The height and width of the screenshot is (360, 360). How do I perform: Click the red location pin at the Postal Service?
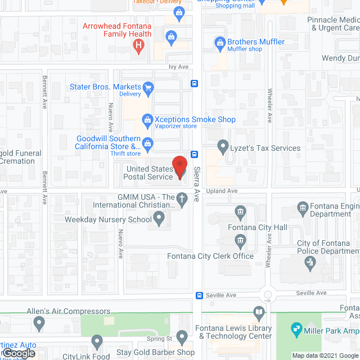point(179,166)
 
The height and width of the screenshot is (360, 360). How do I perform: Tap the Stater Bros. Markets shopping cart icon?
point(148,87)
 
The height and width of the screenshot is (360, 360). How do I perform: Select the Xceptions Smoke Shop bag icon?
point(147,119)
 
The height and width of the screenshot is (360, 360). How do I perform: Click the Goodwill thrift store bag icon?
point(147,143)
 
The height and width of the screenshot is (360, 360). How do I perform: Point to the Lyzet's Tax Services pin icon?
point(223,147)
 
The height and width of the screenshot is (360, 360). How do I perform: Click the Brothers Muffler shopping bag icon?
point(220,42)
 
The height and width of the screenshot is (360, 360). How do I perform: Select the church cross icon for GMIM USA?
point(181,198)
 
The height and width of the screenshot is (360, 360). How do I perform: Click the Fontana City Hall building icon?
point(241,213)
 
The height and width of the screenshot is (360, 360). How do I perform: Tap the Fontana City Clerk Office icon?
point(240,242)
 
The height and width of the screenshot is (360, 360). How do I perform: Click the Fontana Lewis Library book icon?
point(258,312)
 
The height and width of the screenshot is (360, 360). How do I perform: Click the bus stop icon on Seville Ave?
point(199,295)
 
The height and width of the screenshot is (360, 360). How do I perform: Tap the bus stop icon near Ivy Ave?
point(194,83)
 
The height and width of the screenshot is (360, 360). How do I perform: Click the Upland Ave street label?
point(222,191)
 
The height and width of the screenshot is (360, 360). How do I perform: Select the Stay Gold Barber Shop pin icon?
point(181,337)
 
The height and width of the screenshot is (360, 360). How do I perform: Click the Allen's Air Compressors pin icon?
point(39,323)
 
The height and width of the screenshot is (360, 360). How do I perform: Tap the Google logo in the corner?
point(18,353)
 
